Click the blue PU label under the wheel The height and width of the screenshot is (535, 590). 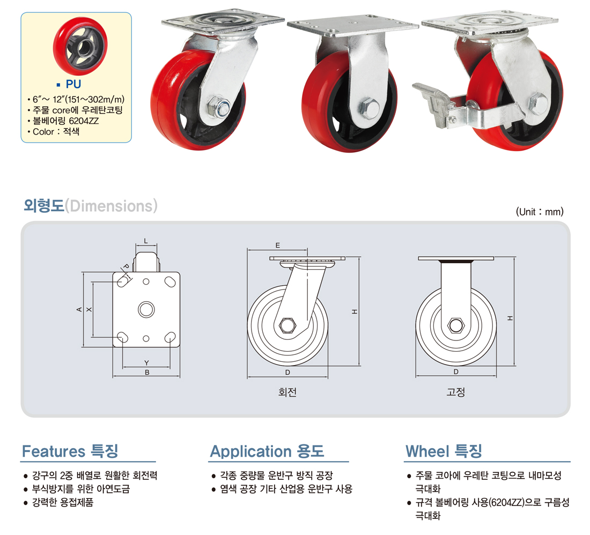tap(73, 84)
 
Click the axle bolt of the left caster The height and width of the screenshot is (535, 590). tap(219, 107)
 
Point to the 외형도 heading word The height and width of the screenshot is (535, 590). tap(44, 206)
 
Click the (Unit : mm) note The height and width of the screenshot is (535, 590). tap(540, 212)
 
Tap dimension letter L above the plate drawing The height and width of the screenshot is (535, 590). tap(146, 241)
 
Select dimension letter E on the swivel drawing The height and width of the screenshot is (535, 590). tap(278, 246)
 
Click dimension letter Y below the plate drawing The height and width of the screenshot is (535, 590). tap(146, 363)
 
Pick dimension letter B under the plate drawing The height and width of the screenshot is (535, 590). tap(147, 372)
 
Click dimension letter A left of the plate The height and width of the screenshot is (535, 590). tap(79, 309)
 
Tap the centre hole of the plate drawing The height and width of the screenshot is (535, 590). tap(146, 309)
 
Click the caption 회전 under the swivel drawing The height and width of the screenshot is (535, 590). tap(287, 392)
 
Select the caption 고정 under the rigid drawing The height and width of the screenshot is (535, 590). tap(456, 392)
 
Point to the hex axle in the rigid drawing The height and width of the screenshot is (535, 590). tap(456, 325)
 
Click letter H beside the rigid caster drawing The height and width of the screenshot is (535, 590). tap(510, 318)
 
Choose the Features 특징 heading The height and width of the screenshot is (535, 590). tap(70, 451)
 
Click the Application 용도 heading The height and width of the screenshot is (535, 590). tap(267, 451)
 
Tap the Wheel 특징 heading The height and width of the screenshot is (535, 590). tap(444, 451)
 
